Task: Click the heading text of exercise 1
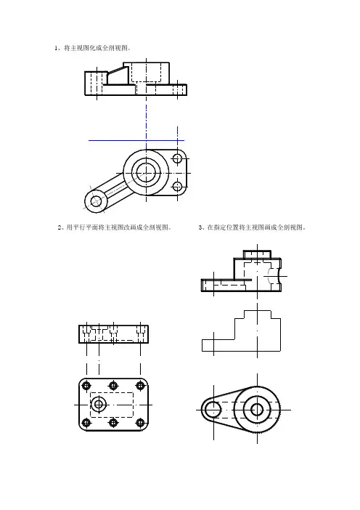click(93, 48)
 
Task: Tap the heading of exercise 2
click(115, 227)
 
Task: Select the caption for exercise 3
click(252, 227)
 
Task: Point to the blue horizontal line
click(136, 140)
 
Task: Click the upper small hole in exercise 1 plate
click(177, 158)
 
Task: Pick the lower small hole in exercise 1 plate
click(177, 187)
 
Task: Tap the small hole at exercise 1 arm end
click(96, 201)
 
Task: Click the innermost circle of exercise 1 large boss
click(146, 173)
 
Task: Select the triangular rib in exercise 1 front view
click(116, 76)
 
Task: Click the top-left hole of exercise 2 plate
click(86, 386)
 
